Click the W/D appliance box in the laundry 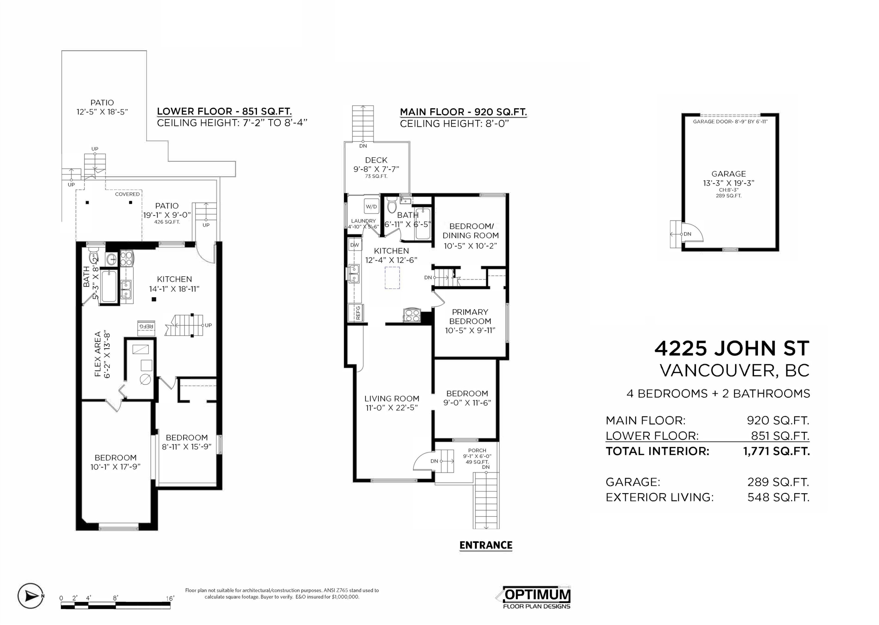(x=371, y=206)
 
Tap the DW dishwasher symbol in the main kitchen (x=354, y=245)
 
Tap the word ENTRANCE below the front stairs (x=486, y=545)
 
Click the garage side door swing (x=693, y=232)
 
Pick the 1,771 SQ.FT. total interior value (x=776, y=451)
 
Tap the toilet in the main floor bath (x=392, y=205)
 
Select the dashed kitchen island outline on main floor (x=392, y=278)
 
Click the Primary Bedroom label (x=470, y=316)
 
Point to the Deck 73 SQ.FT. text (x=376, y=176)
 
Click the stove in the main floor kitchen (x=411, y=315)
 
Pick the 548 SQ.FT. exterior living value (x=778, y=497)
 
